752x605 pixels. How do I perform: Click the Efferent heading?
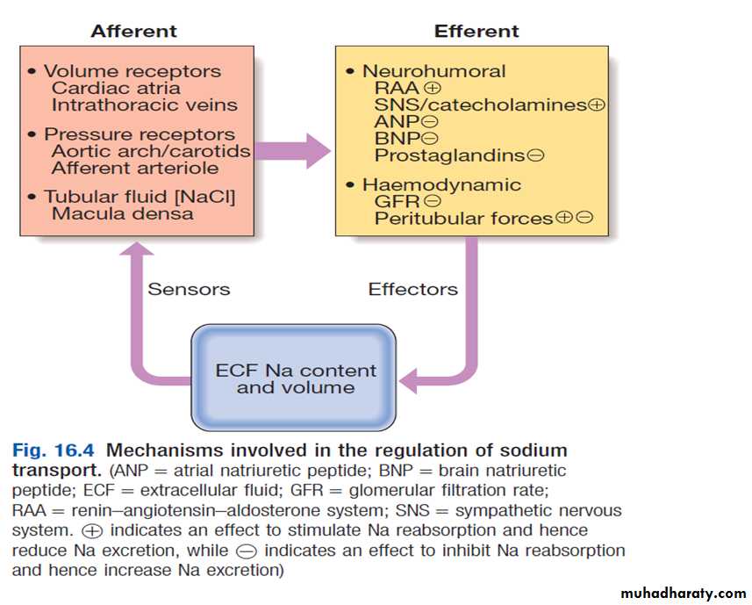[x=476, y=32]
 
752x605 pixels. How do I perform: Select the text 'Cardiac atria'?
[x=116, y=88]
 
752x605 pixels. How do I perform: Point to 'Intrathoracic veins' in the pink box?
[x=144, y=104]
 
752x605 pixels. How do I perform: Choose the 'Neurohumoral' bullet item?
[x=433, y=71]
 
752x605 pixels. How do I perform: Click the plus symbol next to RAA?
[x=431, y=89]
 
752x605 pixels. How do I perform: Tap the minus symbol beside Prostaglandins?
[x=535, y=155]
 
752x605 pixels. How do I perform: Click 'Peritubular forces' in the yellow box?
[x=463, y=218]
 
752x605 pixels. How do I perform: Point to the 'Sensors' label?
[x=189, y=289]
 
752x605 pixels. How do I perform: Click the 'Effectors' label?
[x=412, y=289]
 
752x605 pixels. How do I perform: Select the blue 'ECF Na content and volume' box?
[x=295, y=378]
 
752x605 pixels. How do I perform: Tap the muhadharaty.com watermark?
[x=683, y=593]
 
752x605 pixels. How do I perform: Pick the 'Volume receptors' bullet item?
[x=132, y=71]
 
